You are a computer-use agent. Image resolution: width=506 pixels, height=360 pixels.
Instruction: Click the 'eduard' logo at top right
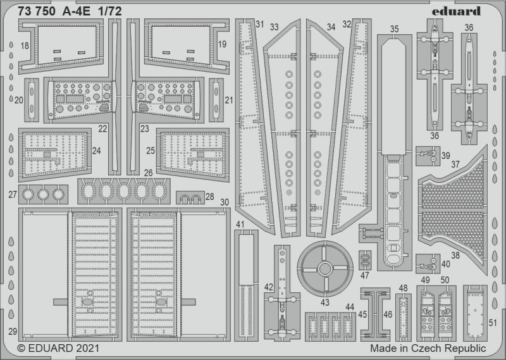tap(456, 11)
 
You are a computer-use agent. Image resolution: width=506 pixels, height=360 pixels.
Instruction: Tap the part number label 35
tap(394, 28)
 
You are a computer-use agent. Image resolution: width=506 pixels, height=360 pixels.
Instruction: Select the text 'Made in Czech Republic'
tap(428, 349)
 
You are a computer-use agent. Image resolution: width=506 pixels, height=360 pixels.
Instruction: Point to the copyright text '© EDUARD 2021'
tap(58, 349)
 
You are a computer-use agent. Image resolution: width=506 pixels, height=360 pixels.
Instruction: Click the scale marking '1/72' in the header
tap(110, 11)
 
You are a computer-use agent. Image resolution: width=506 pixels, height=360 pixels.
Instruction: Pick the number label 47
tap(365, 275)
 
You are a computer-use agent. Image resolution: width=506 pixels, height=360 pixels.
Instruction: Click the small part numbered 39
tap(428, 156)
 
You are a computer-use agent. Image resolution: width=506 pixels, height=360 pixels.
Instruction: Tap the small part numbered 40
tap(428, 264)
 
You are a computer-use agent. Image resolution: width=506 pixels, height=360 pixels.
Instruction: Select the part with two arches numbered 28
tap(190, 197)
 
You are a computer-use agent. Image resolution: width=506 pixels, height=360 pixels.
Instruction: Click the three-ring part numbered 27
tap(43, 194)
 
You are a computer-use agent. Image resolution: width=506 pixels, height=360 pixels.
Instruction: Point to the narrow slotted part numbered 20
tap(31, 100)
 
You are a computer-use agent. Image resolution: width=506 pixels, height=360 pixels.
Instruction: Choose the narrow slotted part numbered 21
tap(216, 100)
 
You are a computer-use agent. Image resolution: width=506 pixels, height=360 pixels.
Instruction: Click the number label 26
tap(148, 173)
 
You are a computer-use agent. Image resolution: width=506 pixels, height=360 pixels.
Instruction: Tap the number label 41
tap(240, 225)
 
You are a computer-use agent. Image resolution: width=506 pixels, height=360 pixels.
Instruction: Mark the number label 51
tap(493, 323)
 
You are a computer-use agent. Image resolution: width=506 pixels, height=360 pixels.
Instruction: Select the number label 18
tap(25, 46)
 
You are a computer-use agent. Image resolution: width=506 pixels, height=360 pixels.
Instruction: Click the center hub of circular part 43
tap(325, 269)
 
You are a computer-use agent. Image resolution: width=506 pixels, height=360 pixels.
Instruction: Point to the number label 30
tap(225, 202)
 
